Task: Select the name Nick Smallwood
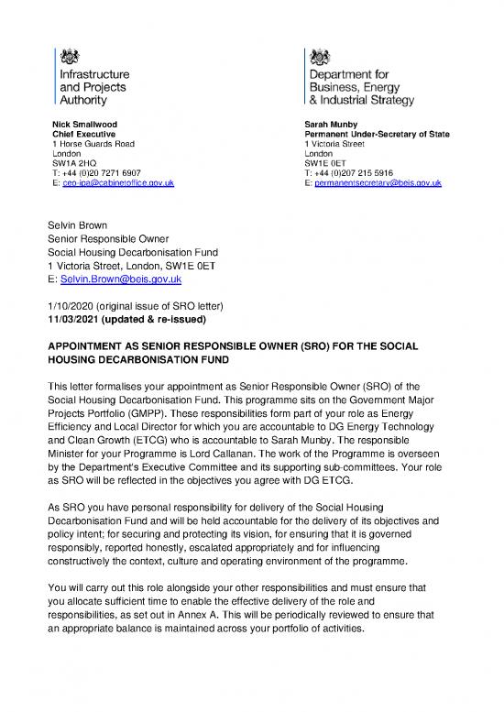[84, 124]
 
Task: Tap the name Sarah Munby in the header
[334, 124]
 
